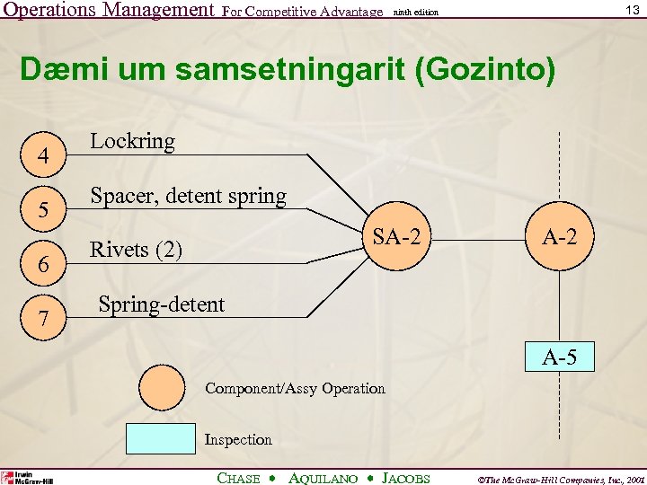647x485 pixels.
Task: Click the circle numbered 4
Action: (x=42, y=155)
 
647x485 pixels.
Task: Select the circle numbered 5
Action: (x=42, y=211)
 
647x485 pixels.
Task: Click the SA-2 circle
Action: (x=396, y=238)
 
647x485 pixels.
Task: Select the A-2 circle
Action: (x=559, y=238)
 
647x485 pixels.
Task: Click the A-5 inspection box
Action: (x=560, y=357)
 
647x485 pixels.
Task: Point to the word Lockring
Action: (x=132, y=141)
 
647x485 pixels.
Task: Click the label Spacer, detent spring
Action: (x=188, y=196)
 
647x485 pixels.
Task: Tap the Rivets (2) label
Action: (x=136, y=250)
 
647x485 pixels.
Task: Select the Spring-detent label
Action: (x=161, y=304)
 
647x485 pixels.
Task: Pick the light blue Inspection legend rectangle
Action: (x=161, y=437)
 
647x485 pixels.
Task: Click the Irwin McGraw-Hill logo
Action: (x=27, y=477)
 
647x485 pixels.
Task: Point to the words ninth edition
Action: (x=416, y=12)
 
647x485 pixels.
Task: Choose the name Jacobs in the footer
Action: (x=406, y=479)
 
